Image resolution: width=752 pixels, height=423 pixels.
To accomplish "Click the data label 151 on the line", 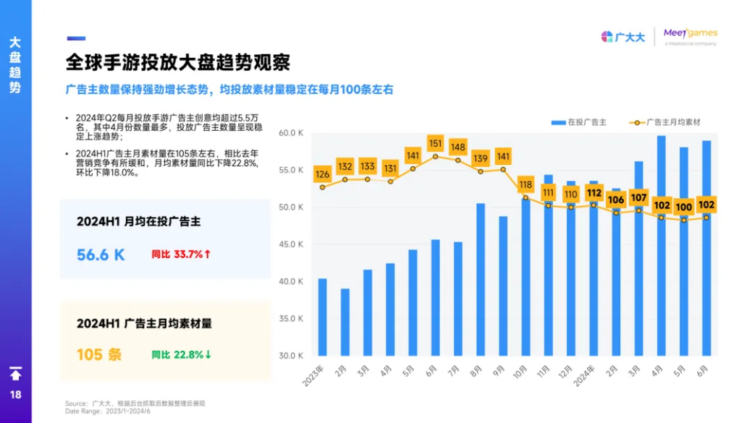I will [435, 142].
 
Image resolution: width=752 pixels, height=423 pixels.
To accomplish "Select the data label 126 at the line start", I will [322, 174].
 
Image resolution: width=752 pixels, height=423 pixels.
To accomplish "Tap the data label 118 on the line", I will [525, 184].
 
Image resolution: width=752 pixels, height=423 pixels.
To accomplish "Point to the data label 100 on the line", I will [683, 207].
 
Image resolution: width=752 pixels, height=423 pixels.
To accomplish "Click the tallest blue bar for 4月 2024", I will [661, 246].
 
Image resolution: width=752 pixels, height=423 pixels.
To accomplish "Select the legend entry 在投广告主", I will [578, 122].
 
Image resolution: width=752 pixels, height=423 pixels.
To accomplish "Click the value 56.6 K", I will [101, 255].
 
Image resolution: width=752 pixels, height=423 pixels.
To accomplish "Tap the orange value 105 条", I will [99, 354].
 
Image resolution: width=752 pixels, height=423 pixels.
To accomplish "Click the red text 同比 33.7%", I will [181, 255].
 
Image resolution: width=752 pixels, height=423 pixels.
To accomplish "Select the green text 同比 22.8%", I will [181, 354].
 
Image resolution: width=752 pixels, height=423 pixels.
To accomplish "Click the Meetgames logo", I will [690, 35].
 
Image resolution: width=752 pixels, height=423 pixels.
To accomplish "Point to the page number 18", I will [15, 395].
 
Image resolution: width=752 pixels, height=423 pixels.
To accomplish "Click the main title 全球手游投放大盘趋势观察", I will [177, 62].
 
